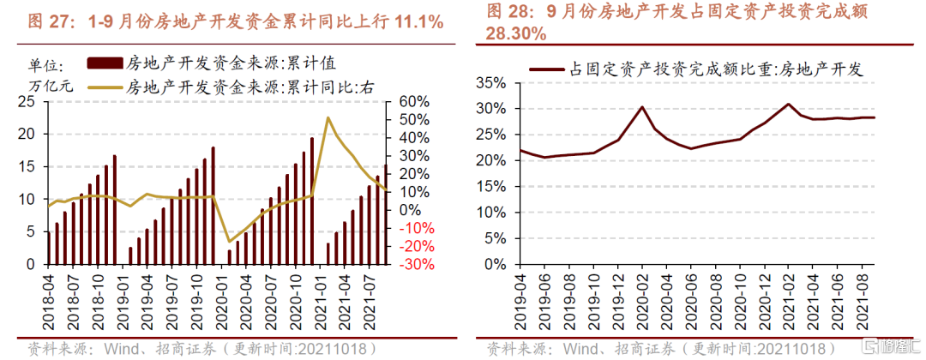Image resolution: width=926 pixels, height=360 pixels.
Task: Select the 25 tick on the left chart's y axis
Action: tap(27, 101)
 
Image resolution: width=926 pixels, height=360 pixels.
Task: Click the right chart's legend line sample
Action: tap(547, 69)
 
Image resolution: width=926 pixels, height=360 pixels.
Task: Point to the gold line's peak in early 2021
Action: tap(328, 117)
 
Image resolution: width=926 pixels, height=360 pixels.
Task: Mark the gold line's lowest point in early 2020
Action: tap(229, 243)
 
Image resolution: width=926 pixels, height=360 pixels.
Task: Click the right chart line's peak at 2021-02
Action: tap(788, 105)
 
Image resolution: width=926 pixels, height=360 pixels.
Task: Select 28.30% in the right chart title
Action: tap(517, 34)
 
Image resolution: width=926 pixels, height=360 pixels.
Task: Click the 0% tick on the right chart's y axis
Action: tap(502, 264)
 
